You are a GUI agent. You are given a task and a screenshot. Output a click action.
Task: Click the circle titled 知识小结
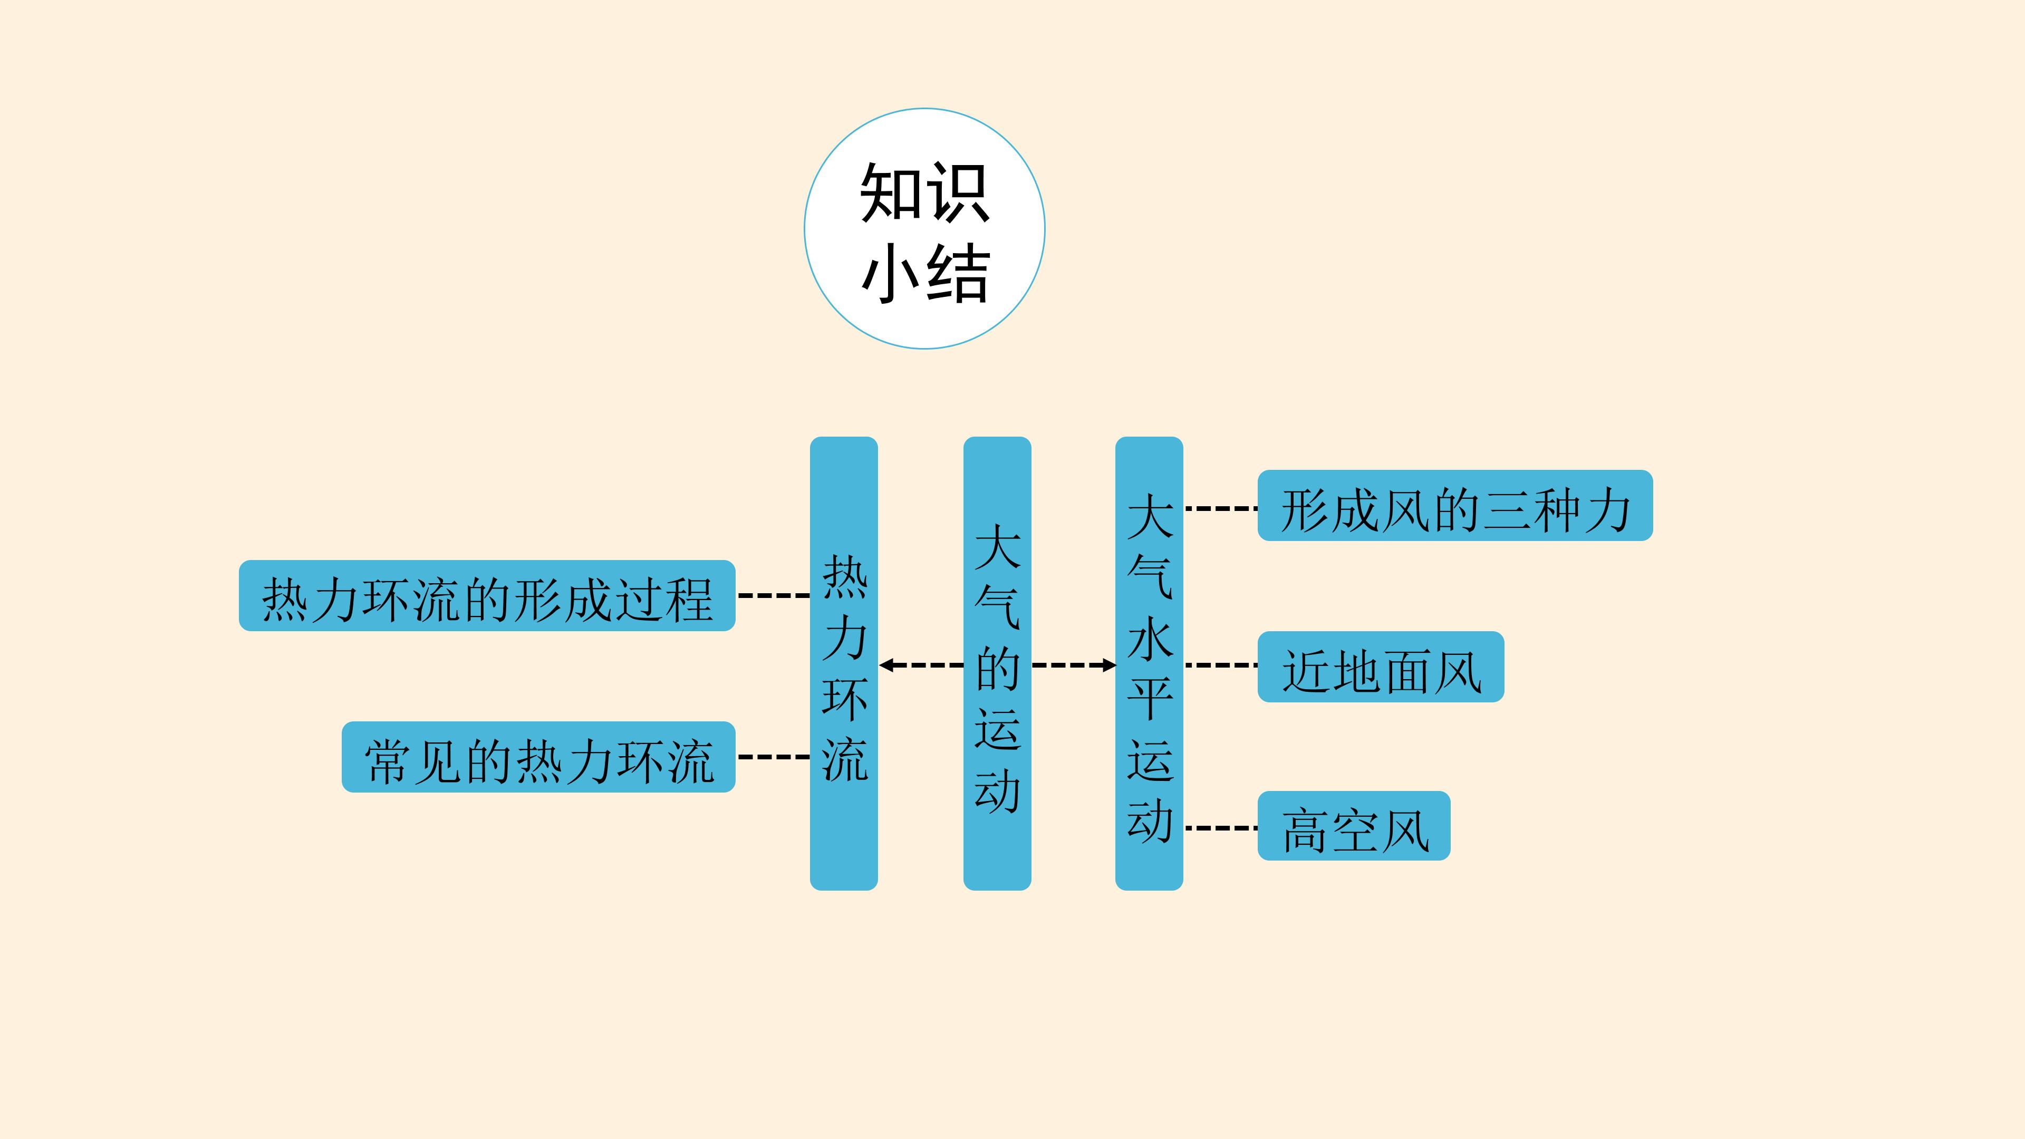point(924,229)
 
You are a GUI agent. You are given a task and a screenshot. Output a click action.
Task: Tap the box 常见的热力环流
point(538,757)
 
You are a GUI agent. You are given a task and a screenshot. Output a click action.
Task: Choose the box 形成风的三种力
point(1455,506)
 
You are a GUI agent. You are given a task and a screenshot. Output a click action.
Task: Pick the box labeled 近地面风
point(1381,667)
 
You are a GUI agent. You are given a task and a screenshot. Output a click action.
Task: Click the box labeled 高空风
point(1354,826)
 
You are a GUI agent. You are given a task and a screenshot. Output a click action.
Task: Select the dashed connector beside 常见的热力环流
point(774,757)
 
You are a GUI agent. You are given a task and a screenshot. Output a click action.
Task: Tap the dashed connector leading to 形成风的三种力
point(1221,508)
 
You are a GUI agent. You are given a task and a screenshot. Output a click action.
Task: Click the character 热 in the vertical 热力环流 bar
point(844,576)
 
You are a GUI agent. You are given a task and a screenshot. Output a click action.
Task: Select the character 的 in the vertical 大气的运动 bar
point(998,668)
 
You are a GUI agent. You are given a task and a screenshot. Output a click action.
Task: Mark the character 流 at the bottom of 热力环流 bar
point(844,759)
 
